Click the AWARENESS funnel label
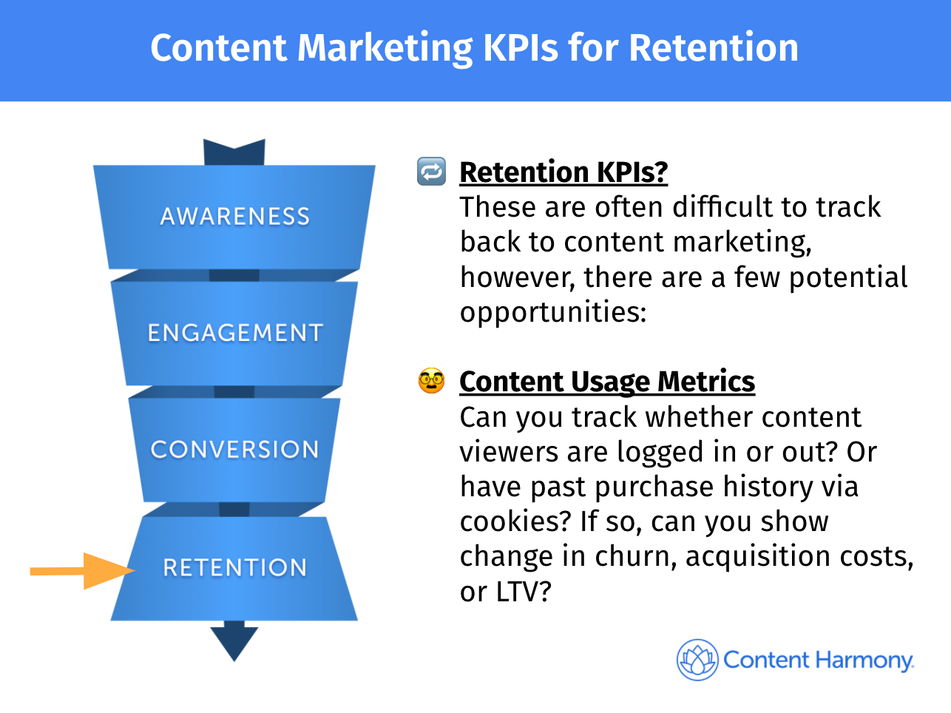(235, 216)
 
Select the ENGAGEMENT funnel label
(235, 333)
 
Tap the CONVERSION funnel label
(235, 449)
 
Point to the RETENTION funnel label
(235, 567)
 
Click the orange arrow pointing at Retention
(82, 571)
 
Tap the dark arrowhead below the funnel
(234, 641)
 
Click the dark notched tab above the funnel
(234, 152)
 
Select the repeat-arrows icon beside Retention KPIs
(431, 171)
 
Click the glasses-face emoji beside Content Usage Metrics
(431, 381)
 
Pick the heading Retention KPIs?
(564, 172)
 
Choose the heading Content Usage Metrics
(607, 382)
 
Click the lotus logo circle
(697, 660)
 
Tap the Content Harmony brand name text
(819, 660)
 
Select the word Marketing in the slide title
(385, 49)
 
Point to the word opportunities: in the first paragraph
(553, 312)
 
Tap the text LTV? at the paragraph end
(524, 591)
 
